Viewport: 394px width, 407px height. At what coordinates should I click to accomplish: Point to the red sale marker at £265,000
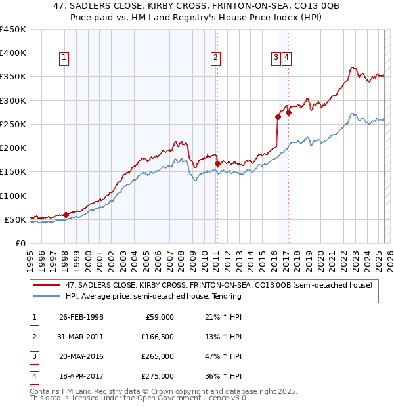pyautogui.click(x=278, y=117)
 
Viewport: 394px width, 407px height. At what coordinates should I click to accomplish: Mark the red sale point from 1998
pyautogui.click(x=66, y=215)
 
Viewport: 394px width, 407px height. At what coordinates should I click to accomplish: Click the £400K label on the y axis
pyautogui.click(x=13, y=53)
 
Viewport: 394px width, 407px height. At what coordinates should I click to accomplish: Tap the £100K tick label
pyautogui.click(x=13, y=196)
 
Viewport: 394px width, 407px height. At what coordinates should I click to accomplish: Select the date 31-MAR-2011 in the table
pyautogui.click(x=81, y=337)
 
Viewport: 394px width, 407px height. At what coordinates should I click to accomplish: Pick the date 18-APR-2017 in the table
pyautogui.click(x=81, y=376)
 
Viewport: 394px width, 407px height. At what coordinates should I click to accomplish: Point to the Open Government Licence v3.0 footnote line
pyautogui.click(x=139, y=398)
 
